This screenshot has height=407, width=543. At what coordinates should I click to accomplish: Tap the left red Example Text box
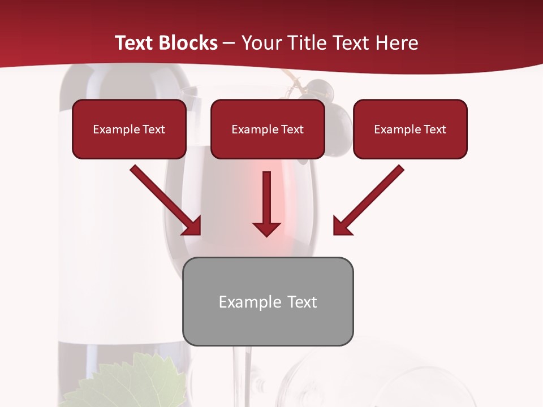(x=129, y=129)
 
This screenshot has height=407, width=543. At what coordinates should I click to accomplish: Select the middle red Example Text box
(x=268, y=129)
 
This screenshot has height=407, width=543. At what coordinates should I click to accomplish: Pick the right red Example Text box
(x=410, y=129)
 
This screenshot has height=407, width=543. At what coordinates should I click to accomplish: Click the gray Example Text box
(x=268, y=302)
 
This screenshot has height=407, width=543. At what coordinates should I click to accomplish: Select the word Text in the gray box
(x=301, y=302)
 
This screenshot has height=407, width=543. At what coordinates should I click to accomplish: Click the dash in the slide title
(x=229, y=43)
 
